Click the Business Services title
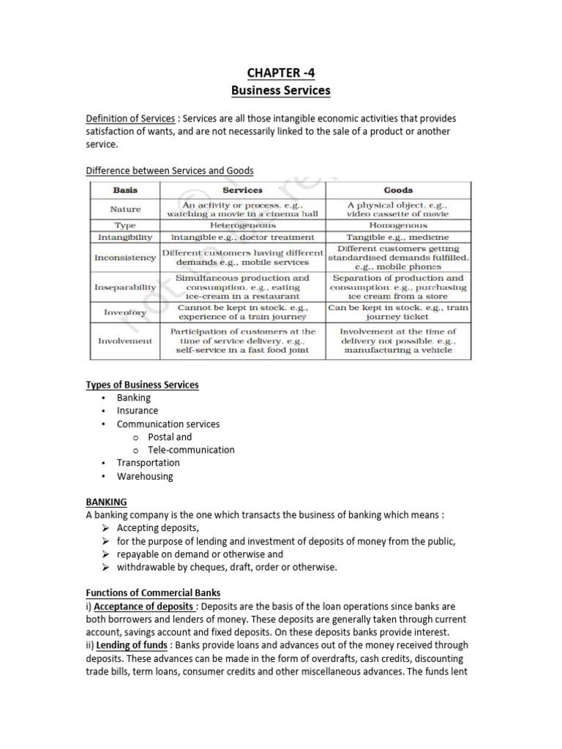point(281,91)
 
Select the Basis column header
point(125,190)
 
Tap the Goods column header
point(398,190)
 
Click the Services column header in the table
point(242,190)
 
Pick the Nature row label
point(125,209)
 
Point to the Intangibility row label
point(125,237)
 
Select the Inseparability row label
point(125,287)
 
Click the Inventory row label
point(125,313)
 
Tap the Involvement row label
point(125,341)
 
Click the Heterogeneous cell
point(242,226)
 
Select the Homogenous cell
point(398,226)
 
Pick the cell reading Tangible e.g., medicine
point(398,237)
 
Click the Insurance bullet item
point(138,410)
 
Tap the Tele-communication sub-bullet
point(191,450)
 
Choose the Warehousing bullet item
point(145,476)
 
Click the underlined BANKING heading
point(106,502)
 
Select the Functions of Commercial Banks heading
point(153,592)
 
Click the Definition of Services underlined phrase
point(130,118)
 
